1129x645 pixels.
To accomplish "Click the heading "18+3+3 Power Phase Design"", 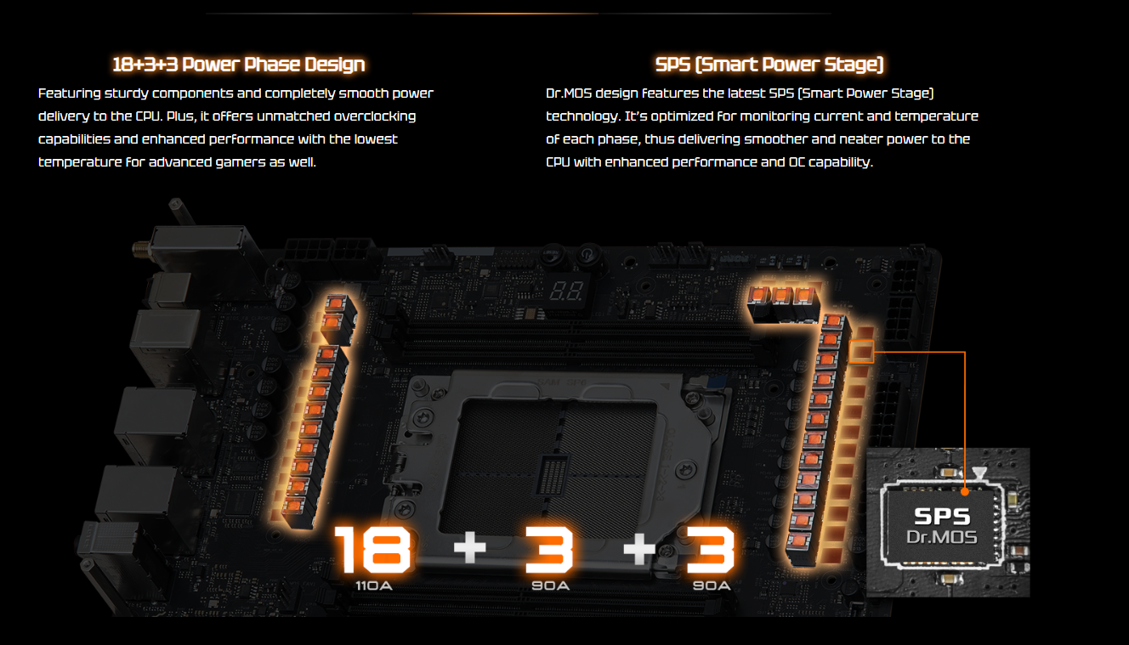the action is pyautogui.click(x=238, y=65).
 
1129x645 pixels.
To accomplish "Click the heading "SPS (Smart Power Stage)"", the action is pyautogui.click(x=769, y=65).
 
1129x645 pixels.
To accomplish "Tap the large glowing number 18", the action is pyautogui.click(x=373, y=549).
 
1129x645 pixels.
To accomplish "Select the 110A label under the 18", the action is pyautogui.click(x=373, y=586).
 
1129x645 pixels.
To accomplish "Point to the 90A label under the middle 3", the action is pyautogui.click(x=550, y=586).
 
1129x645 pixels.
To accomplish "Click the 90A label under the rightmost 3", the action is pyautogui.click(x=712, y=586).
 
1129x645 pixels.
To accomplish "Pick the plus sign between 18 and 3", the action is pyautogui.click(x=470, y=547).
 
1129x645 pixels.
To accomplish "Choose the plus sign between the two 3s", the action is pyautogui.click(x=639, y=547).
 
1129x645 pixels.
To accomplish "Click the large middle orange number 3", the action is pyautogui.click(x=549, y=549).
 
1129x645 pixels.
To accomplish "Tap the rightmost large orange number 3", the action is pyautogui.click(x=710, y=549).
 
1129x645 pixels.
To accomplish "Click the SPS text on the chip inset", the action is pyautogui.click(x=942, y=517).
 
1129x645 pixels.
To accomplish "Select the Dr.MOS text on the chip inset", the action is pyautogui.click(x=941, y=537).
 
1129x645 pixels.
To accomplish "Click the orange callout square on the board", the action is pyautogui.click(x=861, y=352).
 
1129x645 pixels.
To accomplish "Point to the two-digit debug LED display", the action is pyautogui.click(x=566, y=291).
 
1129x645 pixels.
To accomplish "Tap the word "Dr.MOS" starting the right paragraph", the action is pyautogui.click(x=569, y=93).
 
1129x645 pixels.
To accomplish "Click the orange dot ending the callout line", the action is pyautogui.click(x=965, y=492).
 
